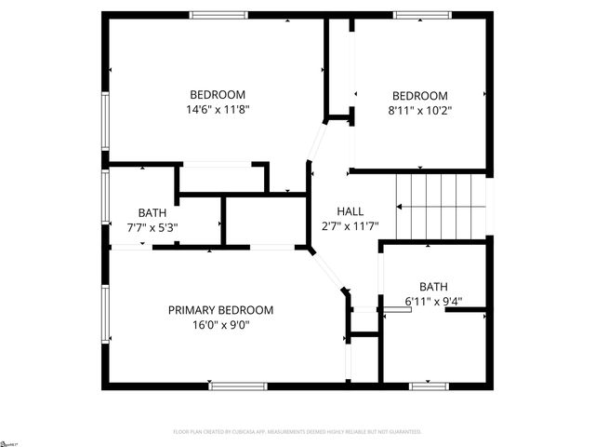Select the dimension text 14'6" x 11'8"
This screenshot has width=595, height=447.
[x=218, y=109]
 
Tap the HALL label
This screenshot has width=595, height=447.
[x=350, y=211]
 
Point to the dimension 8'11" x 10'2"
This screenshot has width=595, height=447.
[x=420, y=110]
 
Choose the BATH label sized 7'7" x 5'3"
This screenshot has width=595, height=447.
[x=152, y=212]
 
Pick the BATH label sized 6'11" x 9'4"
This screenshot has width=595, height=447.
[x=433, y=287]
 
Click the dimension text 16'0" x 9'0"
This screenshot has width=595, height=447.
[x=220, y=325]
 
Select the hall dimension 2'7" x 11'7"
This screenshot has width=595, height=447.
[x=350, y=226]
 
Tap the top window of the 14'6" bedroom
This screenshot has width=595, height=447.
[x=218, y=14]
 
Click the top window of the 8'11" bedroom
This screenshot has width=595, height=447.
[x=421, y=14]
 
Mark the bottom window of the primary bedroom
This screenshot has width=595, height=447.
[x=239, y=385]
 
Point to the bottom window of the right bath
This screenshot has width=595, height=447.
[x=430, y=385]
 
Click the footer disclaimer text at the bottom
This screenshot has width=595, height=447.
[x=297, y=432]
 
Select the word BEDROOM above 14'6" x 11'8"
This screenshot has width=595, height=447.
[x=218, y=95]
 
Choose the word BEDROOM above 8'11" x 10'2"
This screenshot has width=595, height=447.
[x=420, y=96]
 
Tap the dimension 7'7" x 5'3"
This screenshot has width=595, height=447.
[x=152, y=226]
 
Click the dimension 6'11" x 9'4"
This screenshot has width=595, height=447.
[x=433, y=301]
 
